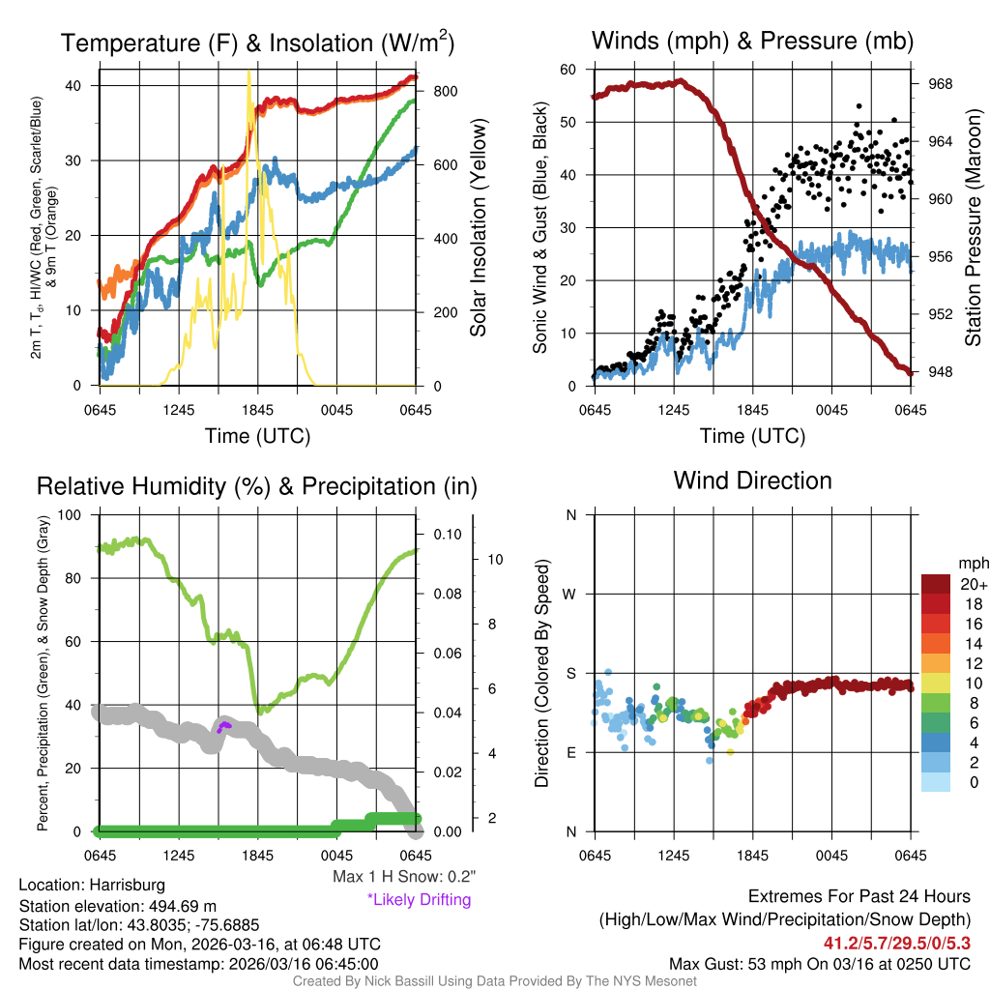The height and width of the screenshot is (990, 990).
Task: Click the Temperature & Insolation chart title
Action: tap(257, 43)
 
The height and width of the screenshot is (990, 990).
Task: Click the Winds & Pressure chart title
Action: tap(752, 41)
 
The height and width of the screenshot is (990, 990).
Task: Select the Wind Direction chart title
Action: tap(752, 480)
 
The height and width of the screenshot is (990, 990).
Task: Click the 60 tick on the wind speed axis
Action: tap(568, 70)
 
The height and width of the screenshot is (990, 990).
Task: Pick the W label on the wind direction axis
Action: tap(570, 594)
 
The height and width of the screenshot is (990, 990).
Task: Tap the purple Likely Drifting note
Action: tap(419, 899)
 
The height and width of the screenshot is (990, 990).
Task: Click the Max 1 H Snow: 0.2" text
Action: tap(404, 877)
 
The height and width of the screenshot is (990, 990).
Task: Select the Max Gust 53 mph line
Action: tap(820, 964)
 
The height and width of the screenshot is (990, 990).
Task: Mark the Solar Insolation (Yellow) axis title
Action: tap(478, 228)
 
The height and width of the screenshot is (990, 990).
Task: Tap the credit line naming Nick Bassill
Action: tap(494, 981)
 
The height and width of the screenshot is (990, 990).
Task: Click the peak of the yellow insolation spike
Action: tap(249, 71)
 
